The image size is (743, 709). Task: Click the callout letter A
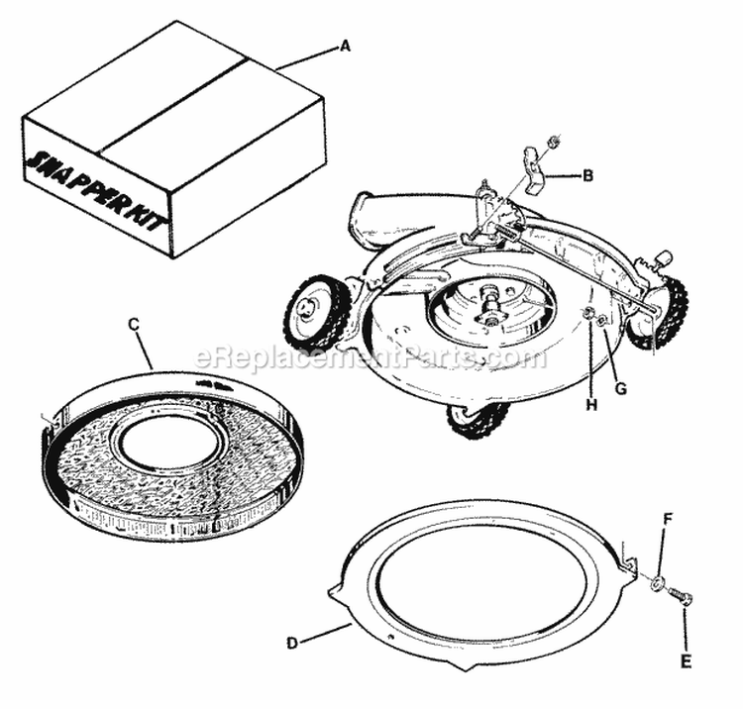pos(346,45)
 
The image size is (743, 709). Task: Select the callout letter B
pos(587,176)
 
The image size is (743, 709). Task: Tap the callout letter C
pos(133,322)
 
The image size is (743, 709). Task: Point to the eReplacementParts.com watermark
pos(371,357)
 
